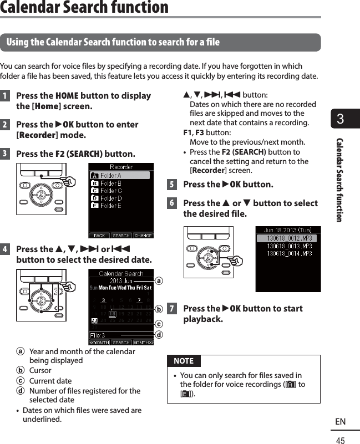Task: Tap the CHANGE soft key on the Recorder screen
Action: pyautogui.click(x=143, y=235)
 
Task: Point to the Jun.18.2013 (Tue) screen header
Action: pyautogui.click(x=288, y=229)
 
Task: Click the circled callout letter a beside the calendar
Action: pyautogui.click(x=159, y=281)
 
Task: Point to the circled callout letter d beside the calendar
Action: pyautogui.click(x=159, y=334)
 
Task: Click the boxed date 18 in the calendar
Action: pyautogui.click(x=113, y=314)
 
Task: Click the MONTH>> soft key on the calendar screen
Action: pyautogui.click(x=143, y=342)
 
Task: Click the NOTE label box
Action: pyautogui.click(x=184, y=361)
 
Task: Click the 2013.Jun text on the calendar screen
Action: pyautogui.click(x=121, y=280)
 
